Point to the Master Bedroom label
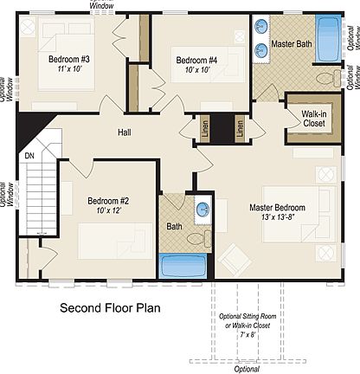tap(277, 208)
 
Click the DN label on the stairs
tap(29, 156)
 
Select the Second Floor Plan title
tap(110, 307)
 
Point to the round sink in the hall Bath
tap(202, 209)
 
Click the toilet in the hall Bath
tap(198, 235)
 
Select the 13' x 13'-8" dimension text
tap(277, 219)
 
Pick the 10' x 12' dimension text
tap(108, 211)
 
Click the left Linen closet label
tap(205, 128)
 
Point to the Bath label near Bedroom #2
tap(174, 227)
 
